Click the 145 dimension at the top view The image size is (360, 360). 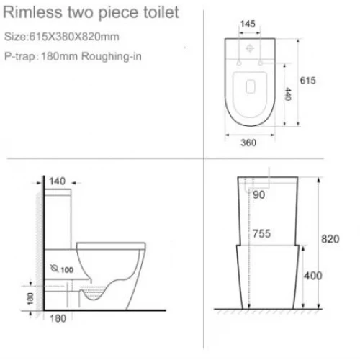click(248, 24)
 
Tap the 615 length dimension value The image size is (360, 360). click(308, 81)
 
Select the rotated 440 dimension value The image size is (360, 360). click(288, 94)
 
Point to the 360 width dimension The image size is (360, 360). click(248, 143)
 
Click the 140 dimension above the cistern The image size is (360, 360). click(57, 181)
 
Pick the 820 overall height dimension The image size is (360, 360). click(330, 239)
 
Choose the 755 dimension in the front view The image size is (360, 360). click(261, 233)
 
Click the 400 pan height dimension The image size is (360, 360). click(313, 276)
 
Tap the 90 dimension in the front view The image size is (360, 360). click(259, 194)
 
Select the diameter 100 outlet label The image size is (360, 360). click(62, 269)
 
